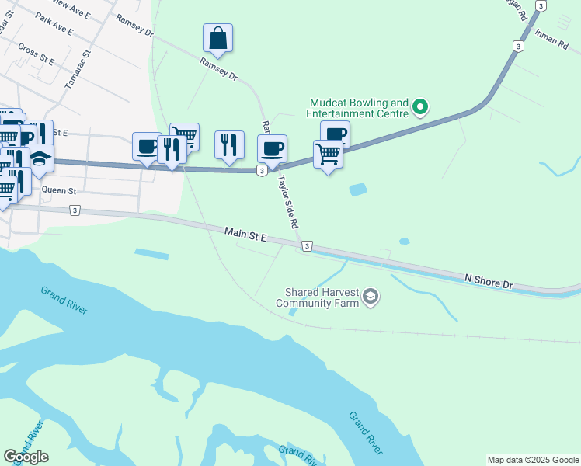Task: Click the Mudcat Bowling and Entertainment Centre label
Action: tap(358, 108)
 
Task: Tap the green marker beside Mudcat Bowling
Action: tap(420, 106)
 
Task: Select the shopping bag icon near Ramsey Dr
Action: tap(218, 38)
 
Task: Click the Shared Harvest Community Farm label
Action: tap(322, 297)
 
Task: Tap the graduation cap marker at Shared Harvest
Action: tap(371, 297)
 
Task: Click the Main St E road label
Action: tap(245, 233)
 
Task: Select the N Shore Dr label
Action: tap(489, 280)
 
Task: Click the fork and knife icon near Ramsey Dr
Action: tap(229, 144)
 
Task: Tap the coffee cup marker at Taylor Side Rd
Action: tap(272, 148)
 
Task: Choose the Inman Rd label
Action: tap(551, 40)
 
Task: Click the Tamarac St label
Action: tap(78, 68)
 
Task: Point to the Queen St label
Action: tap(59, 190)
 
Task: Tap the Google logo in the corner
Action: tap(26, 457)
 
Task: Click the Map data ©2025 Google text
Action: tap(532, 460)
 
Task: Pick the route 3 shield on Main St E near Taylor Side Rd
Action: tap(307, 246)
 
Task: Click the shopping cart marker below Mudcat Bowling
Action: tap(328, 155)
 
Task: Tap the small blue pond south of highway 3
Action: tap(357, 189)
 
